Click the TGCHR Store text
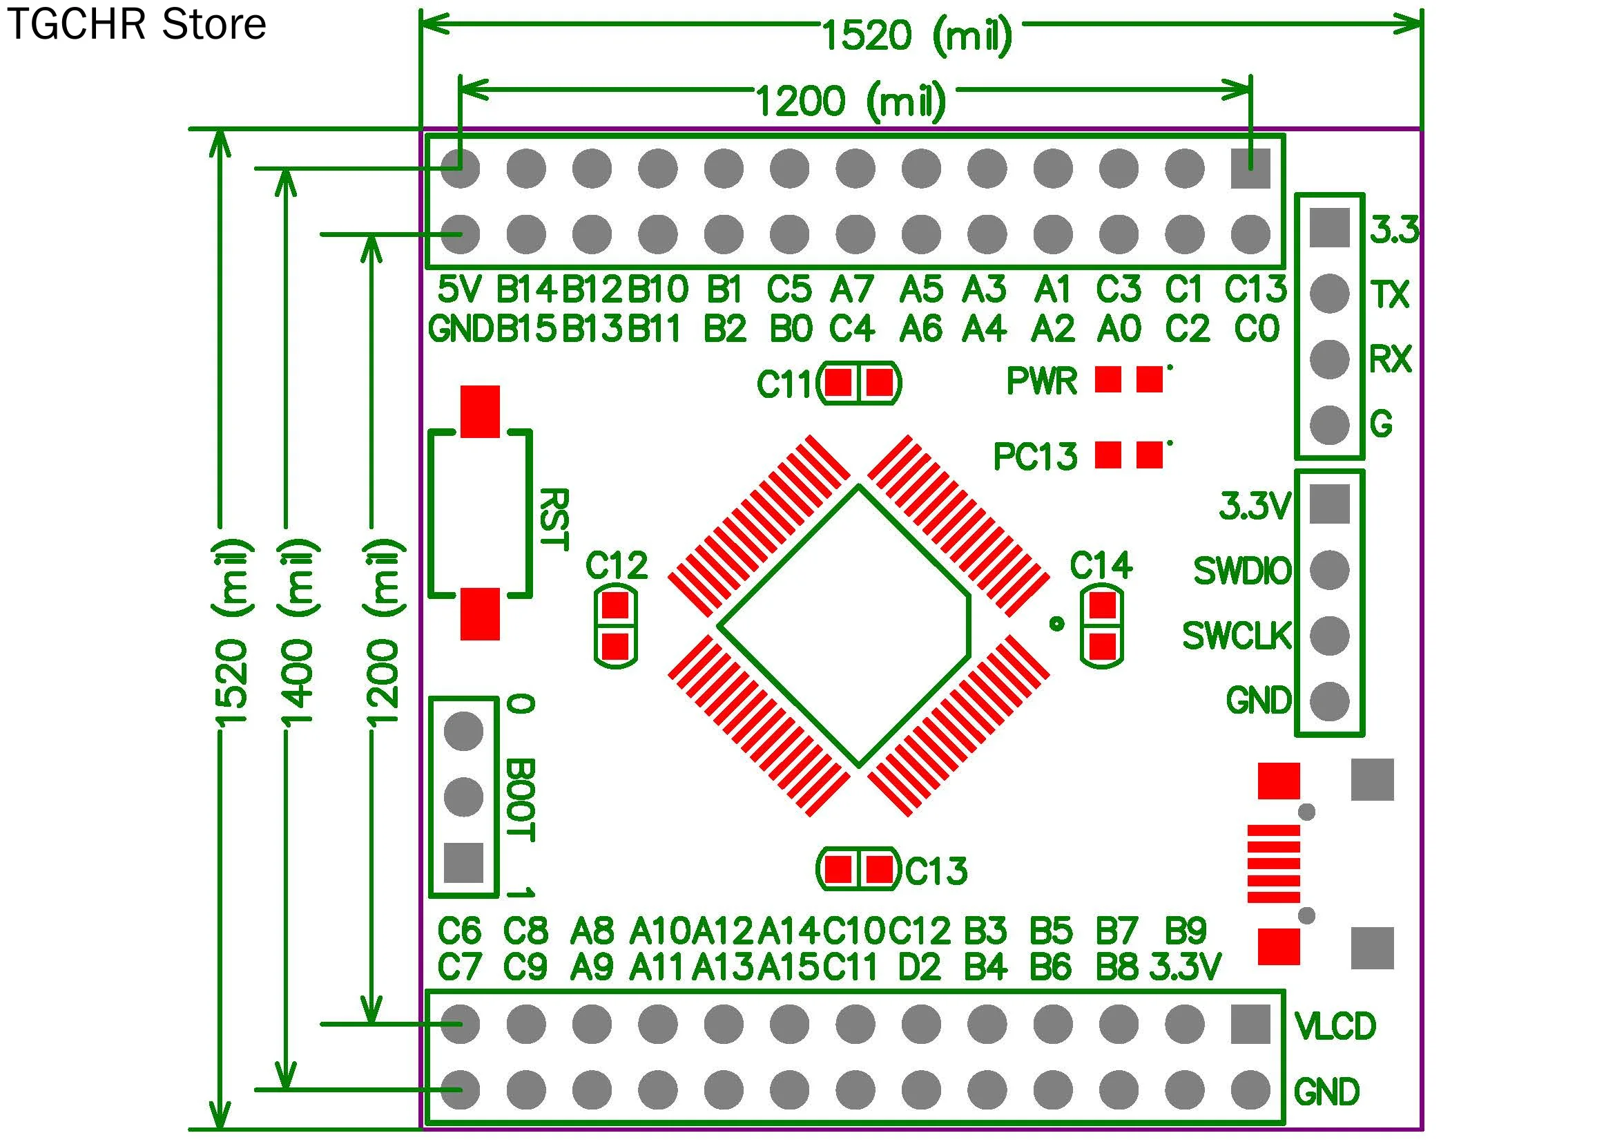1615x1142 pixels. point(137,25)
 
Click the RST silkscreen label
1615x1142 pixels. point(554,519)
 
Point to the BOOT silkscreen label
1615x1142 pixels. point(521,800)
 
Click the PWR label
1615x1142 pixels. point(1041,381)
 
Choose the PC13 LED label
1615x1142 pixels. point(1035,456)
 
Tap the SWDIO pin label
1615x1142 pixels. point(1242,571)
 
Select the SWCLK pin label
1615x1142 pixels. point(1237,636)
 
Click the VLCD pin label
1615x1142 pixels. point(1335,1027)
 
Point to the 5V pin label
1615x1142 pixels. point(458,289)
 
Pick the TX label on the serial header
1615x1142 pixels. point(1390,295)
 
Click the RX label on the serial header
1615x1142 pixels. point(1390,359)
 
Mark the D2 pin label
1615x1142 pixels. point(919,967)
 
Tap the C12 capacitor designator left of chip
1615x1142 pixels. point(616,566)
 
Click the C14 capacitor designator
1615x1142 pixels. point(1101,566)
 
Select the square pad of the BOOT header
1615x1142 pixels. point(463,863)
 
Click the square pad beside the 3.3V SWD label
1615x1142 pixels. point(1329,504)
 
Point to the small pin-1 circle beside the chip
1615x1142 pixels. point(1056,623)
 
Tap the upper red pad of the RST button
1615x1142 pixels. point(480,411)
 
